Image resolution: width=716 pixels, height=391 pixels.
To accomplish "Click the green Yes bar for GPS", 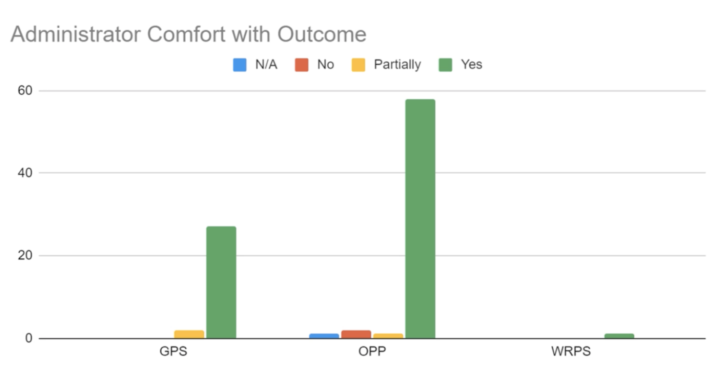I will click(x=221, y=282).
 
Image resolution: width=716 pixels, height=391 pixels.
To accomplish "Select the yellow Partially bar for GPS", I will click(x=189, y=334).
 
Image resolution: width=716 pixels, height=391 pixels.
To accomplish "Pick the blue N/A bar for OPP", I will click(x=324, y=336).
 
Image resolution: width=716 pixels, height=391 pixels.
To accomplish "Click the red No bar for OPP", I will click(x=356, y=334).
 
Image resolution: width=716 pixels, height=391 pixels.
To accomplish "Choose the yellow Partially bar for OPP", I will click(x=388, y=336).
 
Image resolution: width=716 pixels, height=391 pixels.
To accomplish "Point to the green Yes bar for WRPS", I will click(x=619, y=336).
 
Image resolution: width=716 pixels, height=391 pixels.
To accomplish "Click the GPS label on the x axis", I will click(x=173, y=351).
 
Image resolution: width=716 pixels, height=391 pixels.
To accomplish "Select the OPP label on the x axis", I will click(x=372, y=351).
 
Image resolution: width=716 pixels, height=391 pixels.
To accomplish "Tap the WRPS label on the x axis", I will click(x=571, y=351).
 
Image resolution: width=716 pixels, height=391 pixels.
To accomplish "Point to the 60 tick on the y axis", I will click(x=25, y=91).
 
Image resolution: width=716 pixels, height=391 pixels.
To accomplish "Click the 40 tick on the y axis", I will click(x=25, y=173).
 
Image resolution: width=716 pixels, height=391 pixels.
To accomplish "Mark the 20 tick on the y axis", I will click(x=25, y=256).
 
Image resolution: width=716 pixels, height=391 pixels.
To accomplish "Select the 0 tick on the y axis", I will click(x=28, y=338).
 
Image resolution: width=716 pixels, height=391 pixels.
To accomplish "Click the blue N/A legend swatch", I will click(x=239, y=65).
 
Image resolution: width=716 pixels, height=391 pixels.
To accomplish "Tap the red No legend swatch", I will click(x=302, y=65).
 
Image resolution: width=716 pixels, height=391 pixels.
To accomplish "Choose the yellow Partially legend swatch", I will click(x=358, y=65).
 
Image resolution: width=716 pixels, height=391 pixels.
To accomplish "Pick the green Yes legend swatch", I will click(x=445, y=65).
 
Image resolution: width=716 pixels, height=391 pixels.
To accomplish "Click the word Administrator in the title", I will click(x=76, y=34).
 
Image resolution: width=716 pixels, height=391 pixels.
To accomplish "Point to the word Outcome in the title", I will click(x=321, y=34).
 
